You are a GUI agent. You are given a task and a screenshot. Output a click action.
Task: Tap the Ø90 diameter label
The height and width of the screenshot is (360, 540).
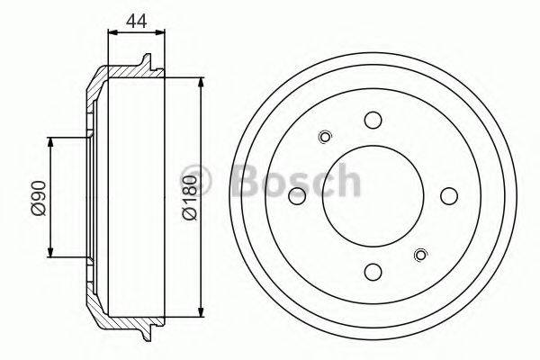(x=37, y=197)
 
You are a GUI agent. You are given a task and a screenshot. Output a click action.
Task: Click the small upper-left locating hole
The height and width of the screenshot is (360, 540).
(x=326, y=137)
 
